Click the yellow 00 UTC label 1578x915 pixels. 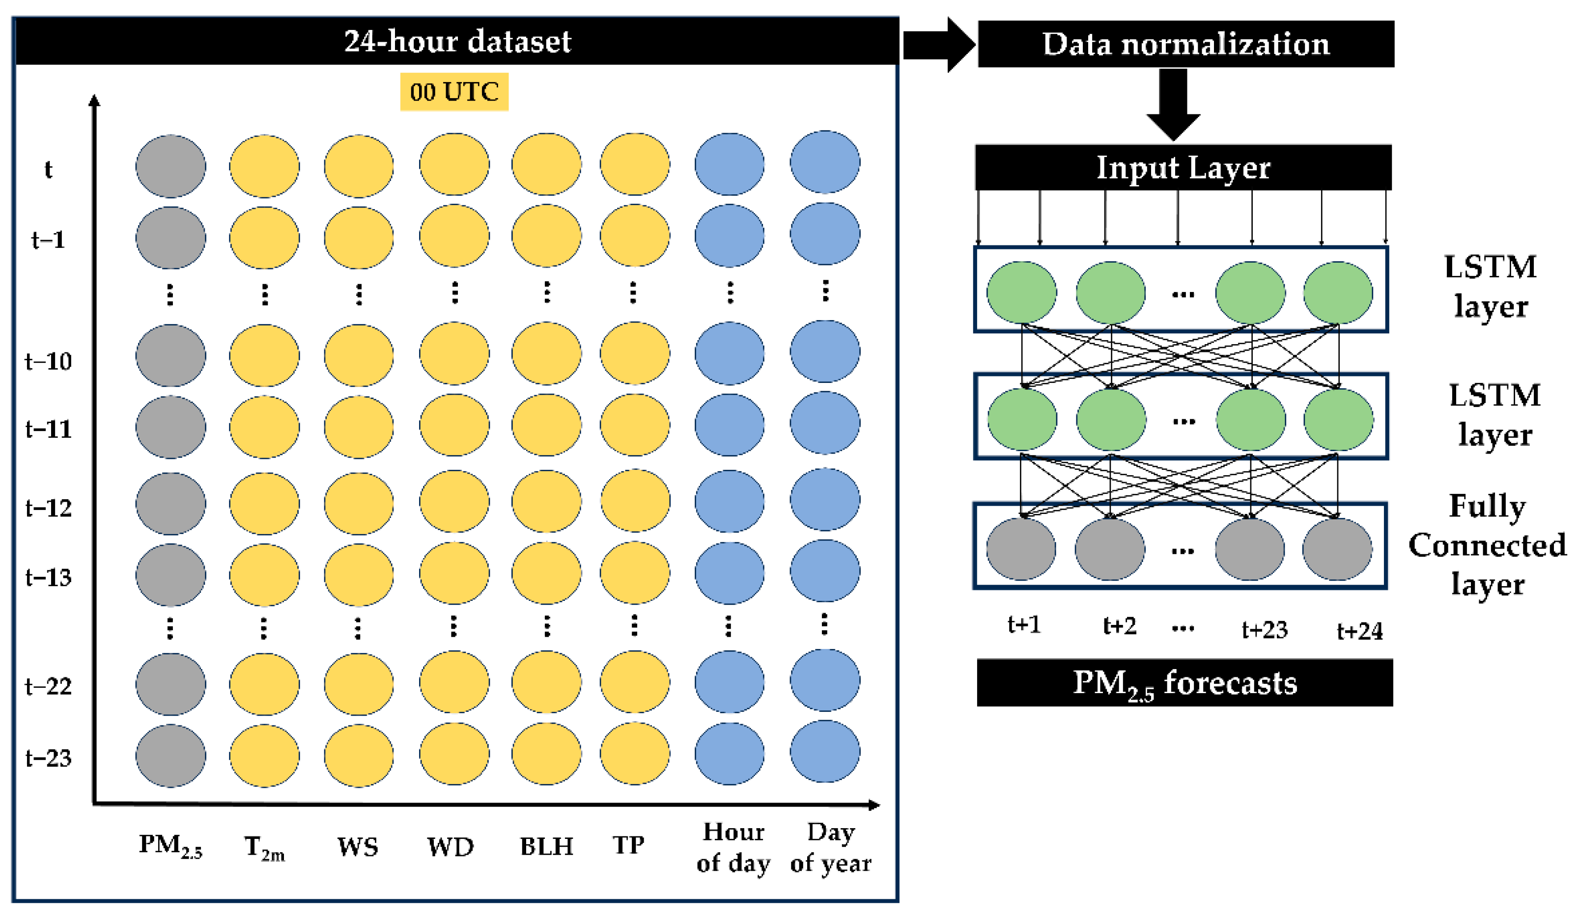click(x=454, y=92)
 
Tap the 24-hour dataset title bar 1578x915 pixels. click(x=456, y=41)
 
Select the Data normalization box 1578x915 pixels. click(x=1185, y=44)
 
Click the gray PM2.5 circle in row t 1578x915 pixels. click(x=170, y=166)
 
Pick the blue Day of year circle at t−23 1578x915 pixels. click(x=825, y=751)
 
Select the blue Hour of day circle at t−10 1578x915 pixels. click(x=730, y=353)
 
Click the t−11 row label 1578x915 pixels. click(x=48, y=430)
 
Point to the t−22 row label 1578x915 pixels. click(x=48, y=686)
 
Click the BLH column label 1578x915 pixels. click(x=546, y=847)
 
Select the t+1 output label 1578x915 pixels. click(x=1024, y=624)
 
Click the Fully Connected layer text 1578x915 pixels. click(x=1487, y=544)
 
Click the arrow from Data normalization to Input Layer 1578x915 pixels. click(x=1173, y=103)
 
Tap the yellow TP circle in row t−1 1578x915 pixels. click(x=634, y=235)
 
